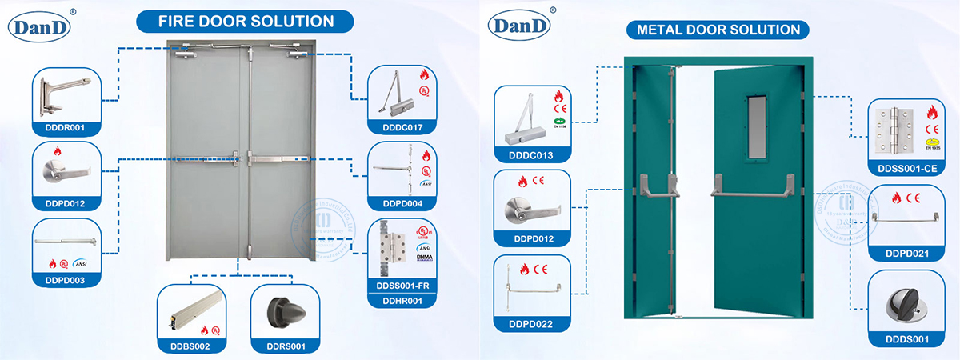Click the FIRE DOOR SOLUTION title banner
(x=234, y=21)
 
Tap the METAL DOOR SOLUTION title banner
(x=718, y=30)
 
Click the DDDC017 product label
(x=402, y=126)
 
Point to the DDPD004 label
(x=402, y=203)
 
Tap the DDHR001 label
(x=402, y=300)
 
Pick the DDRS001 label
(x=285, y=346)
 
